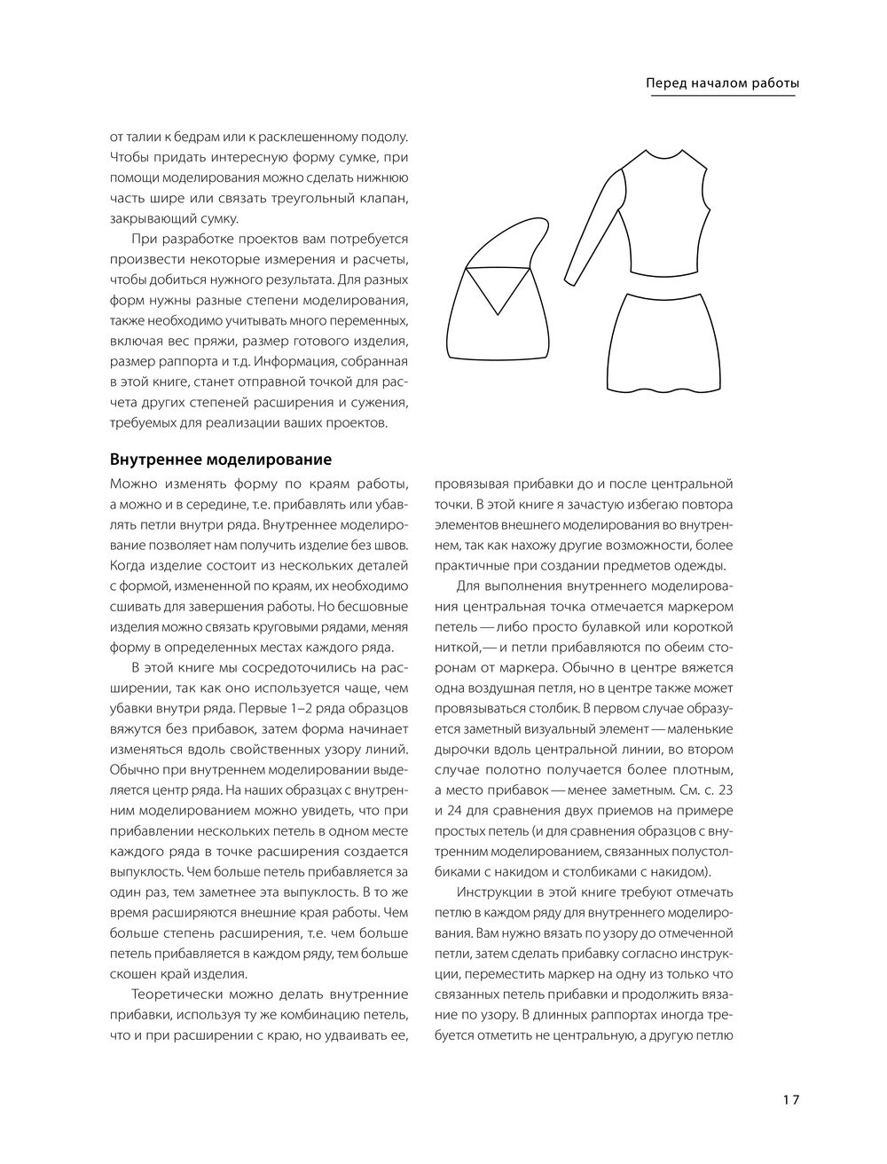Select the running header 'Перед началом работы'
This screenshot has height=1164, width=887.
(x=723, y=83)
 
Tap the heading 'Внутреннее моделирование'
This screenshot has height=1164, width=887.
(x=220, y=460)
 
